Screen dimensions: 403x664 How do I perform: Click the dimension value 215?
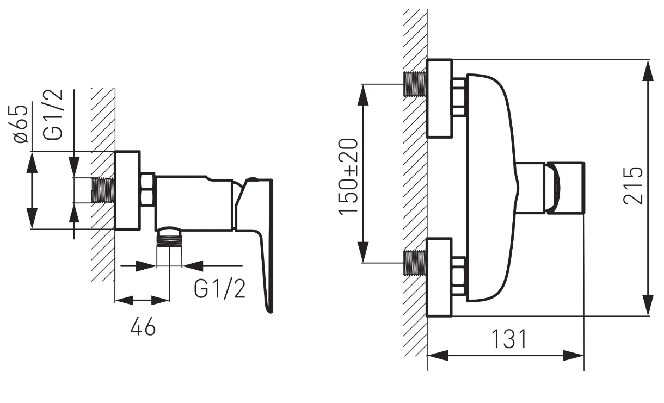pyautogui.click(x=633, y=186)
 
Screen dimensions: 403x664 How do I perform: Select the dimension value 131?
pyautogui.click(x=509, y=339)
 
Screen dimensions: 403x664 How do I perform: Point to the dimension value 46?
pyautogui.click(x=143, y=326)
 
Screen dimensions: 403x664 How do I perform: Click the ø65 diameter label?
pyautogui.click(x=21, y=124)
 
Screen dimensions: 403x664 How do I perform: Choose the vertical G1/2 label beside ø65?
pyautogui.click(x=53, y=114)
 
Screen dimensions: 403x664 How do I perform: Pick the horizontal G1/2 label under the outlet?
pyautogui.click(x=219, y=289)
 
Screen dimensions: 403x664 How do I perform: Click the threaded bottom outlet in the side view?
pyautogui.click(x=169, y=238)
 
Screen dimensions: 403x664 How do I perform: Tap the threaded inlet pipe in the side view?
pyautogui.click(x=102, y=190)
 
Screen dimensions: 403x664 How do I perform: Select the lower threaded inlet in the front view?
pyautogui.click(x=415, y=263)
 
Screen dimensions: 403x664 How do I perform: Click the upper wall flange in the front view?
pyautogui.click(x=440, y=98)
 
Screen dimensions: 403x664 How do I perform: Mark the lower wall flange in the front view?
pyautogui.click(x=440, y=277)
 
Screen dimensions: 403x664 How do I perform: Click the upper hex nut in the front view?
pyautogui.click(x=459, y=97)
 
